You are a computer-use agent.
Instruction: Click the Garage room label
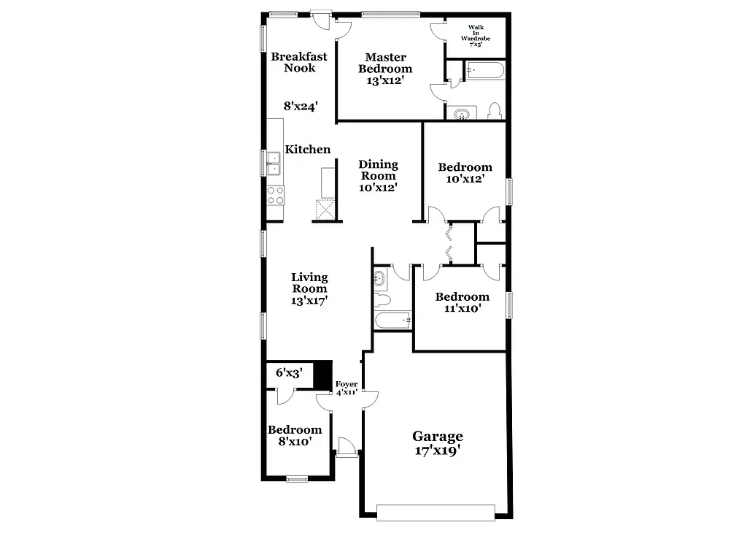438,443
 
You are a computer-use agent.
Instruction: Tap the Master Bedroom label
385,69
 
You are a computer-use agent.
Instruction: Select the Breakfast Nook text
299,62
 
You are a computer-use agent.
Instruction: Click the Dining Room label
378,175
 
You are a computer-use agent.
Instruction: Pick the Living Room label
309,288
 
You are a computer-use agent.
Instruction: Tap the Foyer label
346,388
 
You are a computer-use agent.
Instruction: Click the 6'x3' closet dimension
289,373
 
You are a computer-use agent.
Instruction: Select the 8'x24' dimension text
300,106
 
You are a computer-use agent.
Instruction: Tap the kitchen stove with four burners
276,195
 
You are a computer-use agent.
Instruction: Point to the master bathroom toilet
494,110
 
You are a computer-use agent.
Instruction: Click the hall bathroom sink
379,278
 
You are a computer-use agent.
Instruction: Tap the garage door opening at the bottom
435,512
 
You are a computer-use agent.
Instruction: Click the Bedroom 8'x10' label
295,435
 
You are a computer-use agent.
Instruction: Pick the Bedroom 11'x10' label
462,302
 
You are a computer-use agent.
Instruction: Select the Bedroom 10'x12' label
465,172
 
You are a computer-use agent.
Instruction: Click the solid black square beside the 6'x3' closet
322,373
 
